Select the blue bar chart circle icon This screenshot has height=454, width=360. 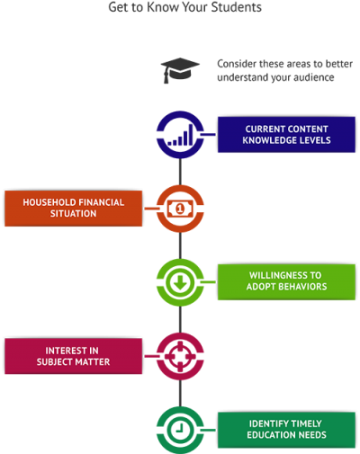(180, 135)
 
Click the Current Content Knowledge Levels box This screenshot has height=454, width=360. (286, 135)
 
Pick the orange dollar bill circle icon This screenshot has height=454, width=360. (180, 209)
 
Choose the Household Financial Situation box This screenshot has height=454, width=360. (73, 209)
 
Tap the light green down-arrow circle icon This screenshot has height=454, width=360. (180, 282)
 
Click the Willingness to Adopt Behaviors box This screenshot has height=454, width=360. (286, 282)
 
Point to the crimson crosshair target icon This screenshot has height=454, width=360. (180, 356)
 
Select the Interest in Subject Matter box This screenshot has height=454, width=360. (73, 356)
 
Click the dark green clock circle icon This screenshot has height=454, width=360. (180, 430)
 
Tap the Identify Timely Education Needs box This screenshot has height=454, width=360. (286, 430)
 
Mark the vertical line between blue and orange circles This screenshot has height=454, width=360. (180, 172)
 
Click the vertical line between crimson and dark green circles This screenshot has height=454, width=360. (180, 393)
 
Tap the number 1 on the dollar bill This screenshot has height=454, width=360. (180, 209)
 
